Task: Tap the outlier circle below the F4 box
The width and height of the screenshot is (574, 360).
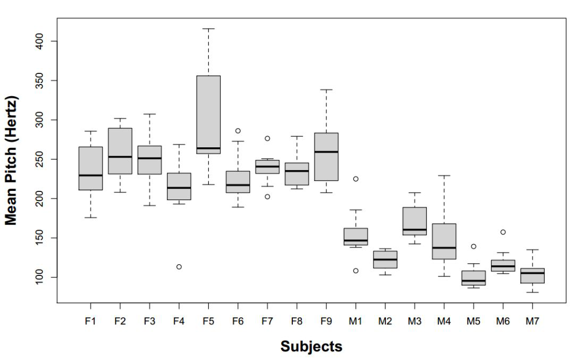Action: pyautogui.click(x=179, y=266)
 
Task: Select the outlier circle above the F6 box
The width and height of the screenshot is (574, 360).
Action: pyautogui.click(x=238, y=131)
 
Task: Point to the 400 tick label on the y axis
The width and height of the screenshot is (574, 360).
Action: pyautogui.click(x=40, y=41)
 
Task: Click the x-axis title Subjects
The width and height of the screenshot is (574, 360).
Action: pyautogui.click(x=311, y=347)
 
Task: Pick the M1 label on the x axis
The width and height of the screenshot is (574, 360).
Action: pyautogui.click(x=356, y=322)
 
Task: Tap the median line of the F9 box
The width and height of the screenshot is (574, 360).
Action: pyautogui.click(x=326, y=152)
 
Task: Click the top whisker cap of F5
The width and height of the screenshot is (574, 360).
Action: pyautogui.click(x=208, y=29)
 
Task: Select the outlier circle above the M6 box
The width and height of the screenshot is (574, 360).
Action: pyautogui.click(x=503, y=232)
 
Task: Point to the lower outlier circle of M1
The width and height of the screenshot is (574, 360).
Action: pyautogui.click(x=356, y=271)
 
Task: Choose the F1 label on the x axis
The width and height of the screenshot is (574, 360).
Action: pyautogui.click(x=91, y=322)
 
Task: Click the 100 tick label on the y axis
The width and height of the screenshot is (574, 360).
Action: pyautogui.click(x=40, y=277)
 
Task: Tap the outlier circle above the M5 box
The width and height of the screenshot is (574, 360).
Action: pyautogui.click(x=473, y=246)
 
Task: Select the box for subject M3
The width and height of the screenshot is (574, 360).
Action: pyautogui.click(x=415, y=221)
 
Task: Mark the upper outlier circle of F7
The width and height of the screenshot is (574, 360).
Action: pyautogui.click(x=267, y=138)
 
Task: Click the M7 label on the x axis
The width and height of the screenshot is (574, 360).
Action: pyautogui.click(x=532, y=322)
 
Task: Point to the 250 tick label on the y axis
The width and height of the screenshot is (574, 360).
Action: pyautogui.click(x=40, y=159)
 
